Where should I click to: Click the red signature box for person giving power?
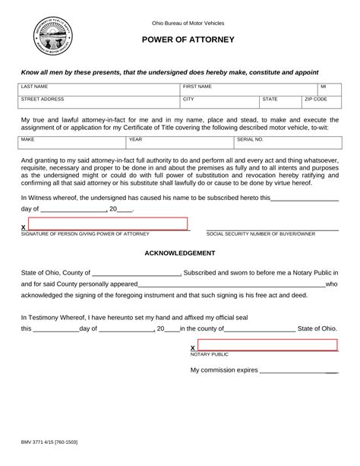pos(107,223)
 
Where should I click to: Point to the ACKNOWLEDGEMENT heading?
pos(180,252)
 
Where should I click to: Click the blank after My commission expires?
pos(299,371)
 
